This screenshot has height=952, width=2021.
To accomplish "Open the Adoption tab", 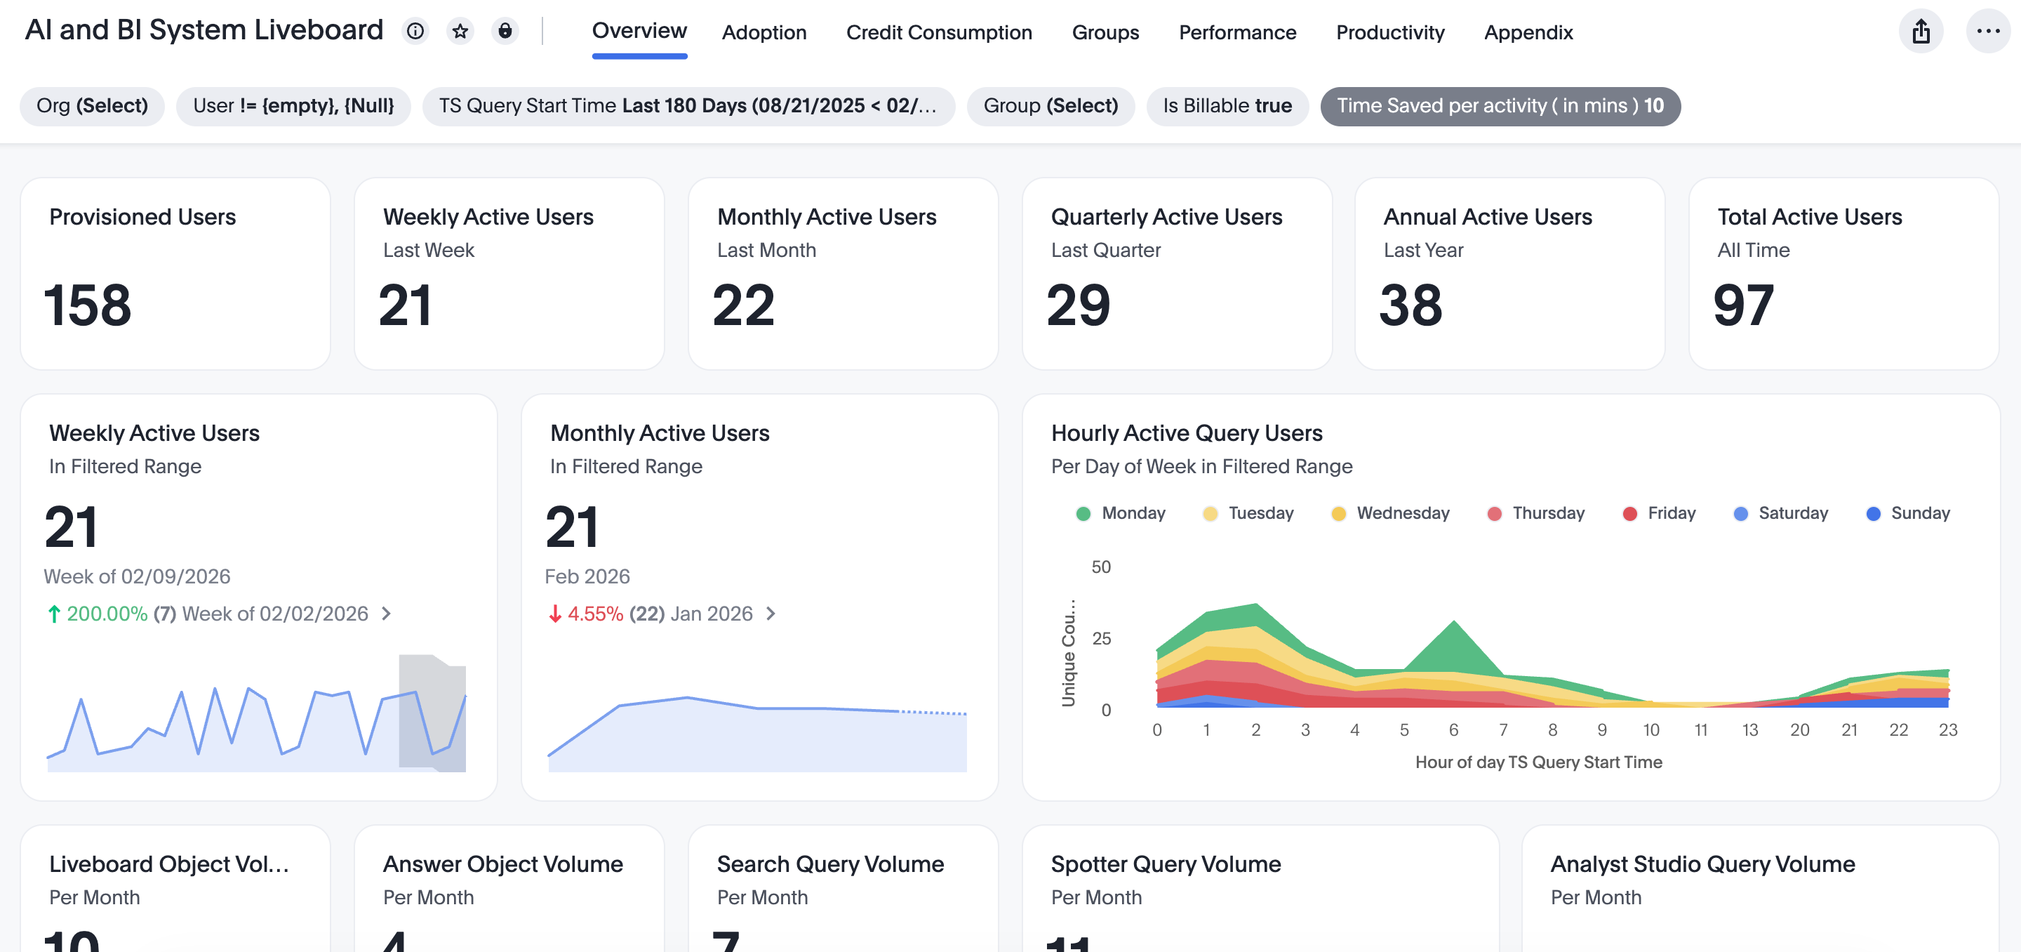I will [763, 32].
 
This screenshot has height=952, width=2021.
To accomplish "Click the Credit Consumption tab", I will [938, 32].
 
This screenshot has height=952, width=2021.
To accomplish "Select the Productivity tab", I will [1389, 32].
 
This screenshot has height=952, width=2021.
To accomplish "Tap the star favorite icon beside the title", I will [460, 31].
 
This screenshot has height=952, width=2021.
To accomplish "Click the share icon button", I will [1920, 32].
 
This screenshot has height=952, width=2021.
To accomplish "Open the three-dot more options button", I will [1987, 32].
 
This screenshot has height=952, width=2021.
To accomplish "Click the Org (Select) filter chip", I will [92, 106].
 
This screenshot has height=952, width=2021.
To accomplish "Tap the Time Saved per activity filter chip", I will [1500, 106].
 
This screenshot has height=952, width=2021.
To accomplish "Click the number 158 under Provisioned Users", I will [87, 305].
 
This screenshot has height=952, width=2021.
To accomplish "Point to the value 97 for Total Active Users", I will [1742, 305].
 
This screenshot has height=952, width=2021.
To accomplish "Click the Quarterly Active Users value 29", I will [1078, 305].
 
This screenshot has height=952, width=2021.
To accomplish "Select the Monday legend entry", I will [1121, 513].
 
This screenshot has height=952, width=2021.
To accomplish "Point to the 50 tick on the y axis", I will [1101, 567].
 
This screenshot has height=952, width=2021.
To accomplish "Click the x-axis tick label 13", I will [1749, 730].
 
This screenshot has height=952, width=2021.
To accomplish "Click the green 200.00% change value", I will [107, 614].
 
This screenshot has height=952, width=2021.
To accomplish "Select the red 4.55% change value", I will [594, 614].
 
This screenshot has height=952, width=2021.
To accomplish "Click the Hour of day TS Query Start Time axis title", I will [1538, 762].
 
